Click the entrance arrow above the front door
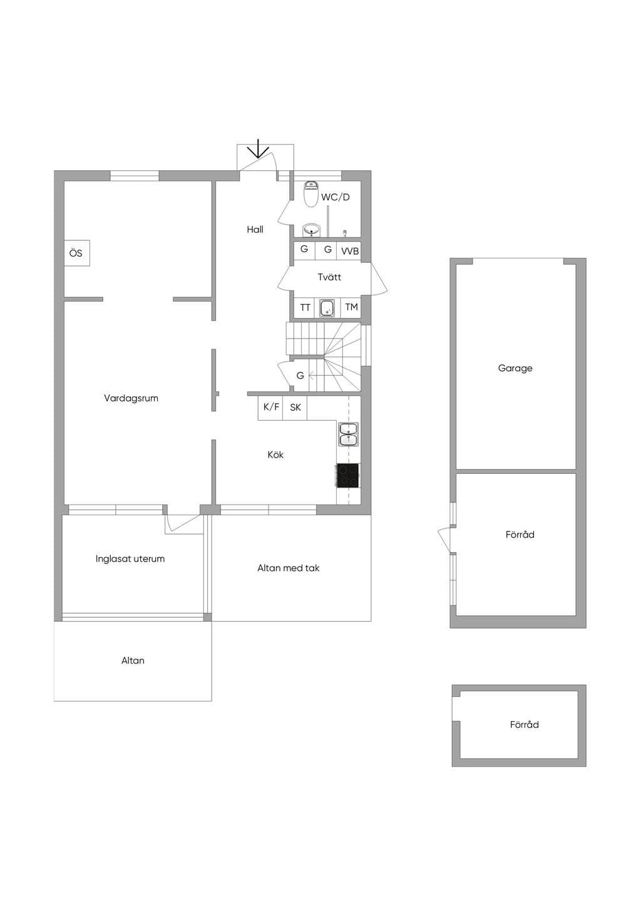pyautogui.click(x=258, y=148)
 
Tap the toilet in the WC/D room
pyautogui.click(x=310, y=194)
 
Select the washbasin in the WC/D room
pyautogui.click(x=311, y=230)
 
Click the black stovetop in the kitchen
pyautogui.click(x=348, y=475)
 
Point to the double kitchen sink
pyautogui.click(x=348, y=434)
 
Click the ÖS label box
pyautogui.click(x=76, y=253)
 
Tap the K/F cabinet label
pyautogui.click(x=271, y=406)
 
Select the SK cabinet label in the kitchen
pyautogui.click(x=295, y=407)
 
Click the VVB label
pyautogui.click(x=350, y=252)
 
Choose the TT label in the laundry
pyautogui.click(x=305, y=308)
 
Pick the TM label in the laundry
pyautogui.click(x=351, y=307)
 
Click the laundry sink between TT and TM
pyautogui.click(x=327, y=308)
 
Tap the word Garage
pyautogui.click(x=515, y=369)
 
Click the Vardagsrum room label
pyautogui.click(x=131, y=399)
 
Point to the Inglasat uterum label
pyautogui.click(x=130, y=559)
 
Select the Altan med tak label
pyautogui.click(x=289, y=568)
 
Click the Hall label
pyautogui.click(x=255, y=230)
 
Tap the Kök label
pyautogui.click(x=275, y=454)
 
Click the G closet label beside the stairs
pyautogui.click(x=300, y=376)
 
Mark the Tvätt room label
pyautogui.click(x=329, y=277)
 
